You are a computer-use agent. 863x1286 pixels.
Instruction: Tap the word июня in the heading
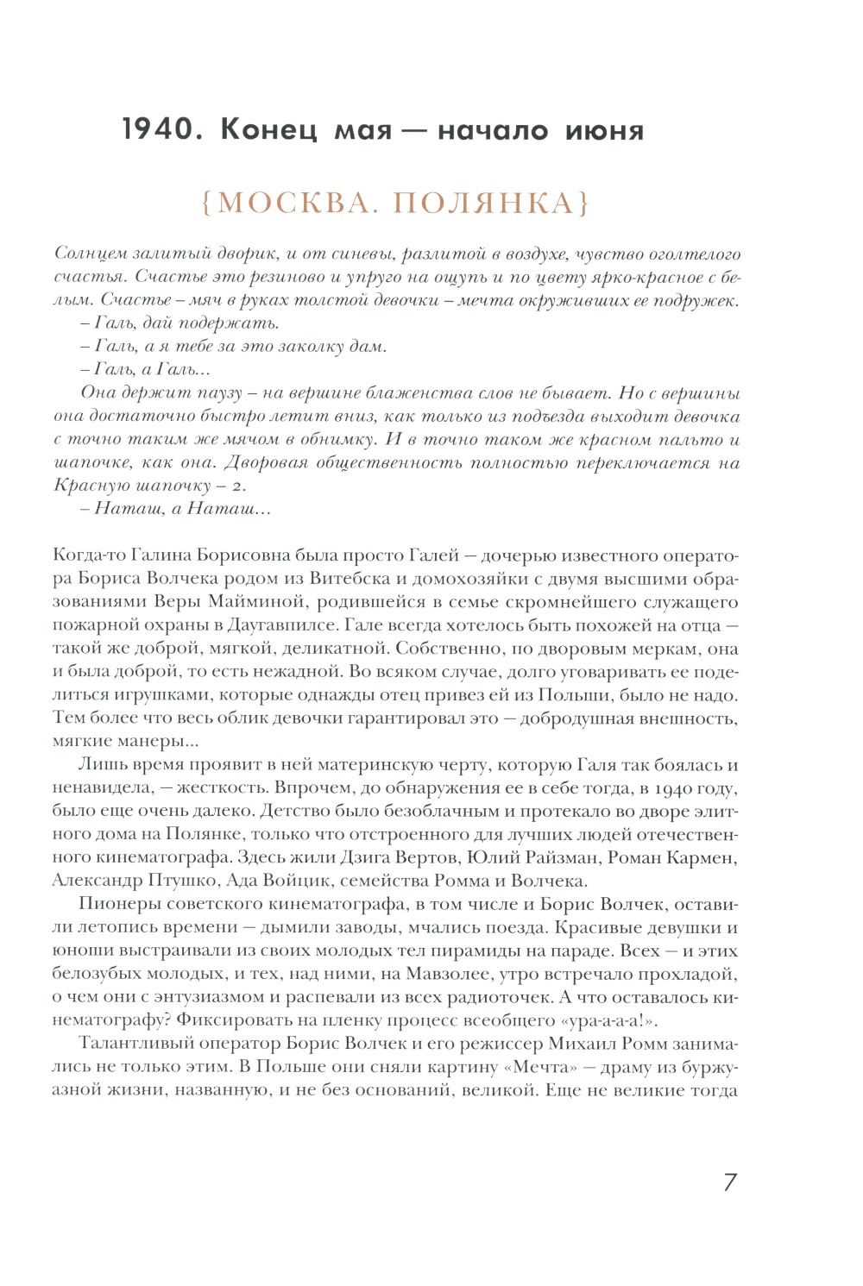(604, 131)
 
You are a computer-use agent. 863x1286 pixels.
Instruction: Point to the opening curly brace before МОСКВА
(207, 204)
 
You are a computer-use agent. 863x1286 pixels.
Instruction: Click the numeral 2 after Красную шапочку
(238, 486)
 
